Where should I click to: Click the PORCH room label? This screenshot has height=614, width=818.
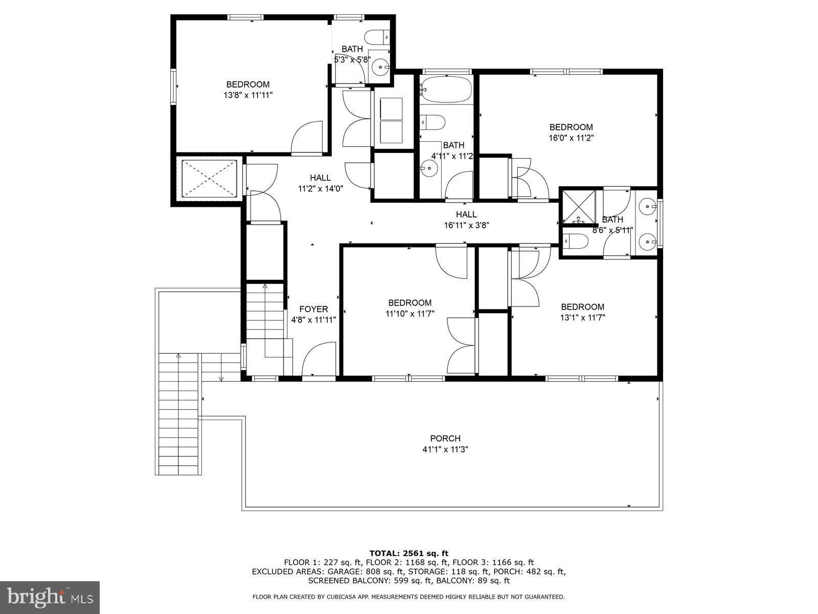coord(445,438)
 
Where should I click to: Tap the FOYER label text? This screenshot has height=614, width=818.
coord(313,309)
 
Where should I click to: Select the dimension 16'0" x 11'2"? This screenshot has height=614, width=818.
coord(571,138)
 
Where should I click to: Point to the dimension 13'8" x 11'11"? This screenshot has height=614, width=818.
coord(248,95)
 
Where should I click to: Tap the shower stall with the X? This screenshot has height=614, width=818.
coord(579,207)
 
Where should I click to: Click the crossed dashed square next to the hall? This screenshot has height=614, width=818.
coord(210,178)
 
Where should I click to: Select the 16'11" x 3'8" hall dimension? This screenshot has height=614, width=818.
coord(466,225)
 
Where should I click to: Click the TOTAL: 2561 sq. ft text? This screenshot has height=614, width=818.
coord(408,553)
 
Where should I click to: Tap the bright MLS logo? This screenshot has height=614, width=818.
coord(50,597)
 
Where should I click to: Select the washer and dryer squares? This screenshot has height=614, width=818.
coord(392,121)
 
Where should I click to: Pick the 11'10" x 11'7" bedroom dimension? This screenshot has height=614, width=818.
coord(410,314)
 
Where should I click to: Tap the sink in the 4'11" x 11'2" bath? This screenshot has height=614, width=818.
coord(429,167)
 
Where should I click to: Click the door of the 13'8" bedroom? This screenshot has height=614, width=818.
coord(307,138)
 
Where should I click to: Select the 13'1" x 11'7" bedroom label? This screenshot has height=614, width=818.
coord(582,307)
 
